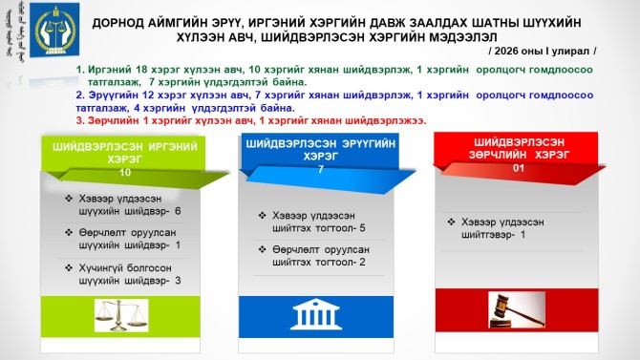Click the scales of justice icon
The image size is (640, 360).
tap(125, 313)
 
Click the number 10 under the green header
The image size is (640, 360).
tap(124, 174)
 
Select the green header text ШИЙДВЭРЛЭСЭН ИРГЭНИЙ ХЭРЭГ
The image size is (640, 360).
tap(124, 152)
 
